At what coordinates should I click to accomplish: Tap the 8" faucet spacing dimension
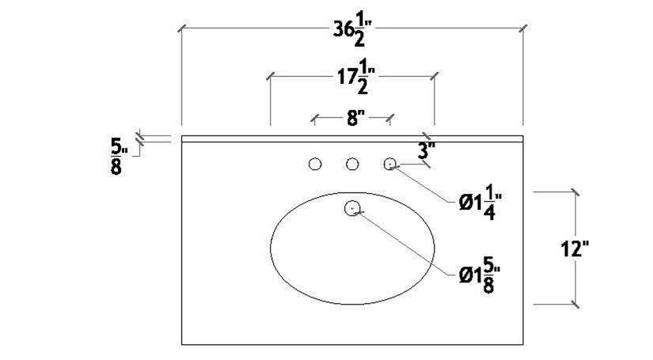pyautogui.click(x=355, y=119)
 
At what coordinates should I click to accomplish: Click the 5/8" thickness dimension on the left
pyautogui.click(x=116, y=156)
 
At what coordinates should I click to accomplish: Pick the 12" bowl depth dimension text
pyautogui.click(x=574, y=248)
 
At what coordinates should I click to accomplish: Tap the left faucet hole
pyautogui.click(x=315, y=165)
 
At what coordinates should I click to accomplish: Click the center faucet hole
pyautogui.click(x=352, y=165)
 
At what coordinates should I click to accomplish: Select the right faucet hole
pyautogui.click(x=389, y=165)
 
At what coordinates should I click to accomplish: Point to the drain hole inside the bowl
pyautogui.click(x=353, y=209)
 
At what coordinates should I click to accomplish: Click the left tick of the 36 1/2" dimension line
pyautogui.click(x=182, y=29)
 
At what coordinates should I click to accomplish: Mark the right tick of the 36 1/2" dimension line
pyautogui.click(x=522, y=29)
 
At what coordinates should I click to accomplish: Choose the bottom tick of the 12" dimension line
pyautogui.click(x=574, y=303)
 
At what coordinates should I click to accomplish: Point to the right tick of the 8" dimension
pyautogui.click(x=389, y=119)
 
